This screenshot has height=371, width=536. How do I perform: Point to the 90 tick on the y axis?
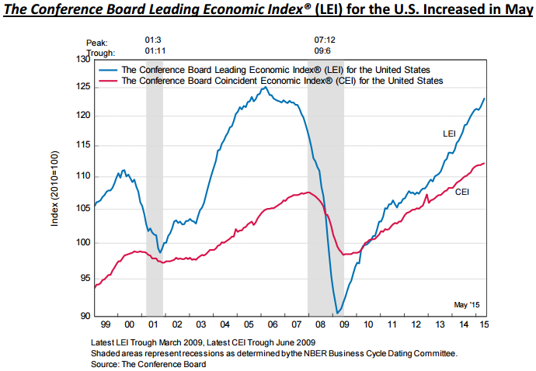83,316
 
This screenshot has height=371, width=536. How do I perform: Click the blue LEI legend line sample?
108,69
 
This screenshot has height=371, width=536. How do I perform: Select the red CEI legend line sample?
108,80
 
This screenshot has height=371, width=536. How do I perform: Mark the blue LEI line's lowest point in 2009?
337,313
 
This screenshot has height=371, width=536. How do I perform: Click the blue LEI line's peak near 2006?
265,87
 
